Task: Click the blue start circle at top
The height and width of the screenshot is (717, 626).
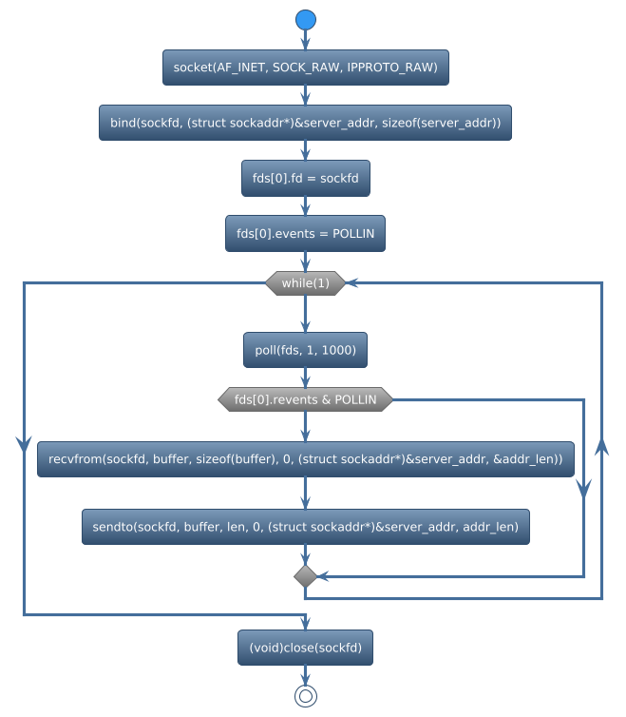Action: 305,19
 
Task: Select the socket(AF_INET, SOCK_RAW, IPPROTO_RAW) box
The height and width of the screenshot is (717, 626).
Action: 305,68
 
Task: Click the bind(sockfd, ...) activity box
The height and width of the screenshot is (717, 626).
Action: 305,123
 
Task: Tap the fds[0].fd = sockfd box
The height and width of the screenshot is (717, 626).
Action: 305,178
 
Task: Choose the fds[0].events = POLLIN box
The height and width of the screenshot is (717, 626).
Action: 305,233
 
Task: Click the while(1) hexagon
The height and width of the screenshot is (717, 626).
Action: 305,283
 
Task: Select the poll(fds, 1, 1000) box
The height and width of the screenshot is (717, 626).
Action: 305,351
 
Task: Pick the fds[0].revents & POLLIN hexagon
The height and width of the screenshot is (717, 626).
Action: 305,399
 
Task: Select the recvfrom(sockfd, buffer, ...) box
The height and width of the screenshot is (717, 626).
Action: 305,459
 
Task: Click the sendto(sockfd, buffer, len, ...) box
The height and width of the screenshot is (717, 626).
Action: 305,526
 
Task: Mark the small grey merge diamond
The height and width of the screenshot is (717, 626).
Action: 305,576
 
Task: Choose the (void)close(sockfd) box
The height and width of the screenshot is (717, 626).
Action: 305,648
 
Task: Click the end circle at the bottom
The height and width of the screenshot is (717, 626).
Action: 305,696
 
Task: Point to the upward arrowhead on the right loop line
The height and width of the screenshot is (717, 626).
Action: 601,447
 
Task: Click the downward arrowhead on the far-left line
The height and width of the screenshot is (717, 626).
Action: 23,443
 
